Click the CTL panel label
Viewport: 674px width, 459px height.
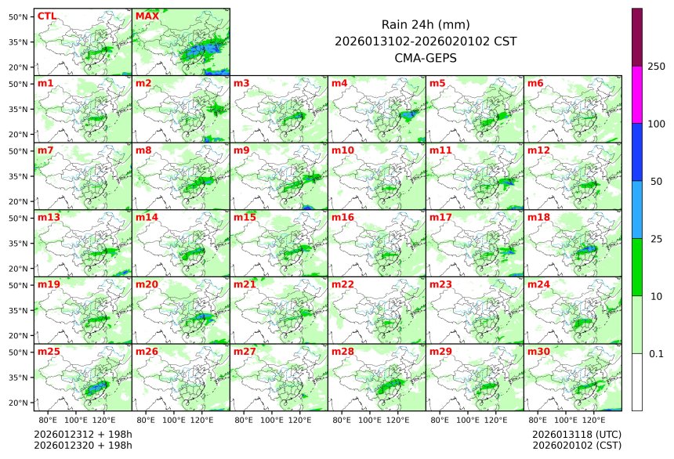pyautogui.click(x=46, y=16)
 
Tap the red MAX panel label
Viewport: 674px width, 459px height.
pyautogui.click(x=147, y=16)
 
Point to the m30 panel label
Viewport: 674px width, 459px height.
pyautogui.click(x=538, y=352)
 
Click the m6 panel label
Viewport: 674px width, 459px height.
pyautogui.click(x=535, y=83)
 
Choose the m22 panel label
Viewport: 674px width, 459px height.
pyautogui.click(x=342, y=284)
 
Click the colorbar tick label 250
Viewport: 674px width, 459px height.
pyautogui.click(x=657, y=67)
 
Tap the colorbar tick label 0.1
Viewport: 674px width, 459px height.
pyautogui.click(x=656, y=353)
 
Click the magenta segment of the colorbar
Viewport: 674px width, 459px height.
pyautogui.click(x=637, y=94)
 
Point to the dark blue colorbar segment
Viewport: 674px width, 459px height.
pyautogui.click(x=637, y=152)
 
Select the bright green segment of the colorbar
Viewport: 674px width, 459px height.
pyautogui.click(x=637, y=267)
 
